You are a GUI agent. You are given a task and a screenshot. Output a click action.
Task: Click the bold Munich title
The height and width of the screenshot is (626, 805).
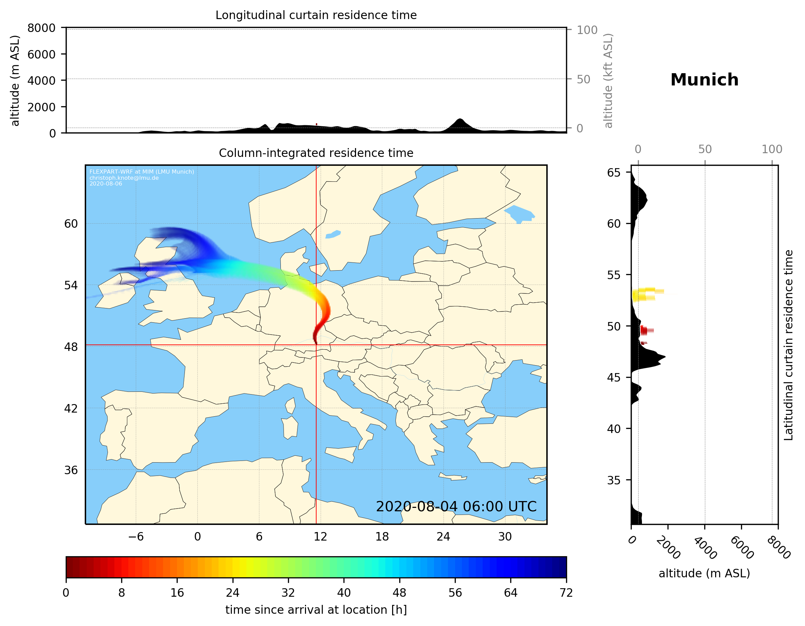point(704,80)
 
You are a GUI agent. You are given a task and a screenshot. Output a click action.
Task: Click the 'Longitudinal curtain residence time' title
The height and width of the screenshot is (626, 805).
point(316,15)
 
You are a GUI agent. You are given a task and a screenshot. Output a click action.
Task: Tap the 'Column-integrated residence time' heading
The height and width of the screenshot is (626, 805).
point(316,153)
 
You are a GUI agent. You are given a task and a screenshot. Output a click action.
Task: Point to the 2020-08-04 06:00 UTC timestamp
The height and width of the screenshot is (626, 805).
point(456,507)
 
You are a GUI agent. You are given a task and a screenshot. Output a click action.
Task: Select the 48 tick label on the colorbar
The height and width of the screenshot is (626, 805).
point(399,593)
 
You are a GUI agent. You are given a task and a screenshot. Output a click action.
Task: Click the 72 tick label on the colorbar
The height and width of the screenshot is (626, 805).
point(566,593)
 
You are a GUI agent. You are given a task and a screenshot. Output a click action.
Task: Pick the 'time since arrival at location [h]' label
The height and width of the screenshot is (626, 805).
point(316,610)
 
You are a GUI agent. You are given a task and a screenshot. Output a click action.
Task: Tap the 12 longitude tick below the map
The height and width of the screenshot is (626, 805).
point(320,536)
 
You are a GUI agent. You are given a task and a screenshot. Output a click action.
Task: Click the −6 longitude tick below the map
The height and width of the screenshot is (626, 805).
point(135,536)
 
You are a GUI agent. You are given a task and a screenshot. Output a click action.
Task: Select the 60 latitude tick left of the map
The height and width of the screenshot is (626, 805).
point(71,224)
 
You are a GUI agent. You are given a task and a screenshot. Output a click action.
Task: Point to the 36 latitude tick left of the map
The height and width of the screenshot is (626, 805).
point(71,470)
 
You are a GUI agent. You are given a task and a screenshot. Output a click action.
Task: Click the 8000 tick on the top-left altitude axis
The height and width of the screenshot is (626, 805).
point(41,28)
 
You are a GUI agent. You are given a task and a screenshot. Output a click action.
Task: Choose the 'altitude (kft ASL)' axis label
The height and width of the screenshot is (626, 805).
point(608,81)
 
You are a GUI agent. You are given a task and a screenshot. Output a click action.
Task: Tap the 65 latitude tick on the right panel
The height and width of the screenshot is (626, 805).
point(614,173)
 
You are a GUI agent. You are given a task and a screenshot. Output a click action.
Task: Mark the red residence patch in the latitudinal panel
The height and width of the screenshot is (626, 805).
point(645,330)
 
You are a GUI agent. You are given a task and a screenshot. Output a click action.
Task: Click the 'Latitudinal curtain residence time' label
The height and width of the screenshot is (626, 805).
point(788,345)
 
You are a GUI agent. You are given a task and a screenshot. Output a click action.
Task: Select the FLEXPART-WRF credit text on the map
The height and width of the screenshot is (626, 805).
point(142,177)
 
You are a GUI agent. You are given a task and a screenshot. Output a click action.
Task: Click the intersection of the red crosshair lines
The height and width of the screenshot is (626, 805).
point(316,345)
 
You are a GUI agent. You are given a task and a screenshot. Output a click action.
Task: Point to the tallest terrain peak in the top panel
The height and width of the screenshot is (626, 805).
point(459,119)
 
